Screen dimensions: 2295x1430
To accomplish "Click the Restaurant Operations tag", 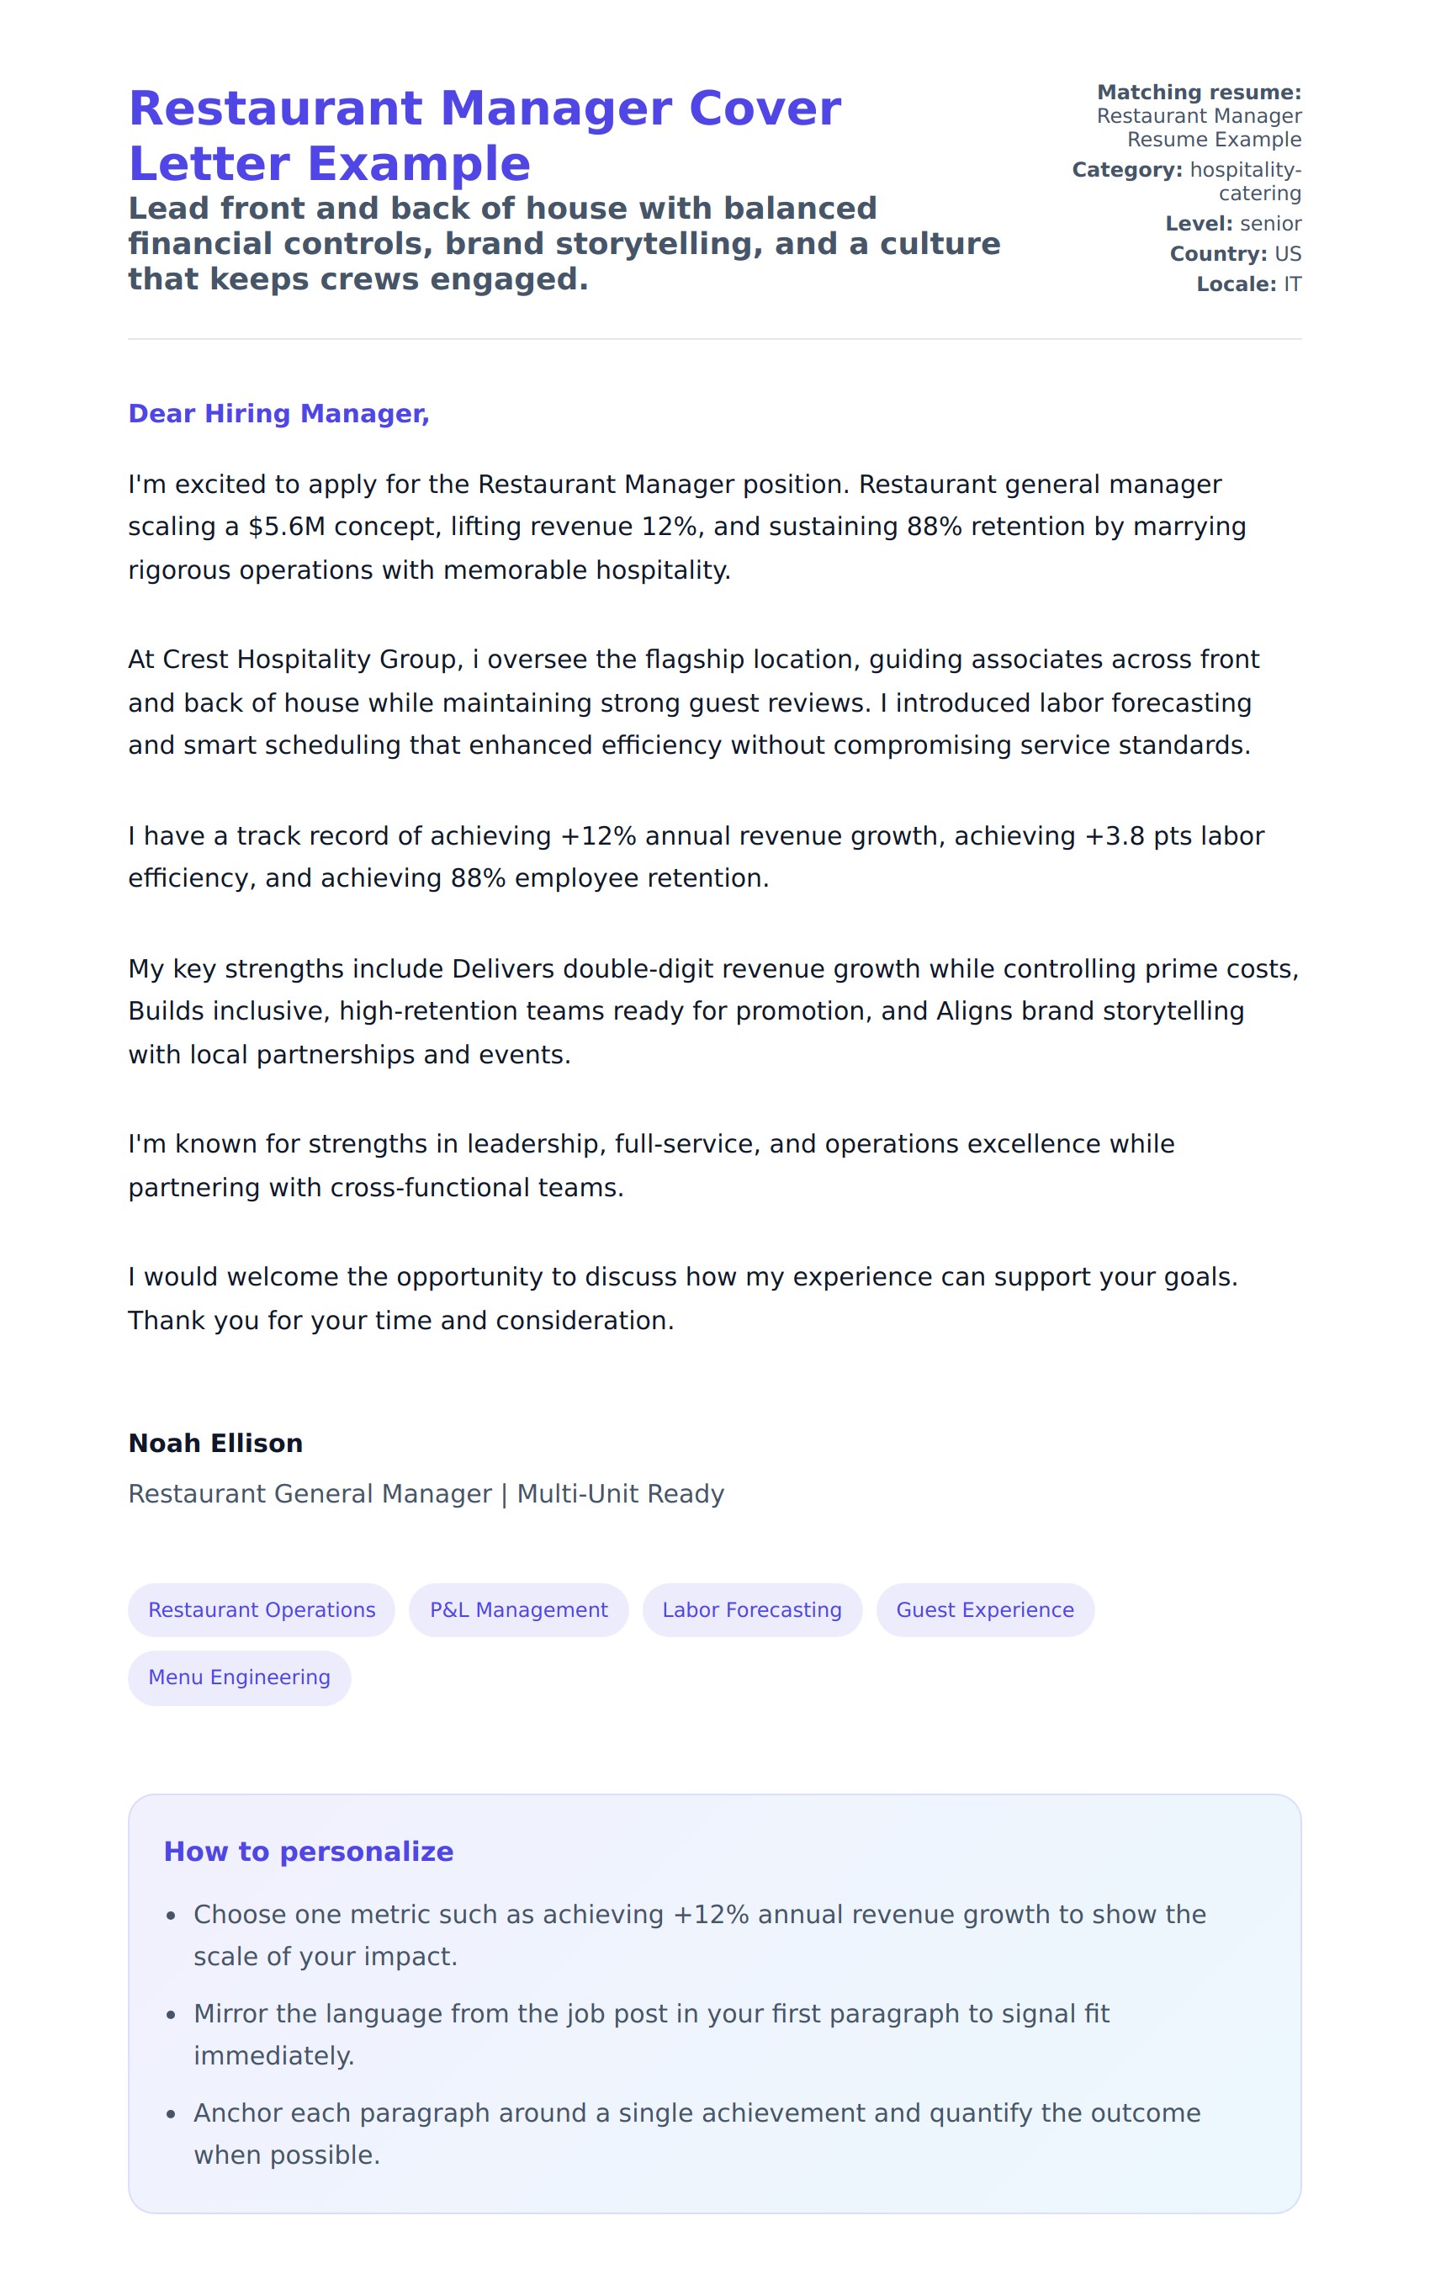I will (261, 1609).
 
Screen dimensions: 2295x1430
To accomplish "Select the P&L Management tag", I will (518, 1609).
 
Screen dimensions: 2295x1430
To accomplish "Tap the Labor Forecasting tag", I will (752, 1609).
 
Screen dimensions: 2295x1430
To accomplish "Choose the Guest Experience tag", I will (984, 1609).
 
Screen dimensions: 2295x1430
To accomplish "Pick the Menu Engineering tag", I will (239, 1677).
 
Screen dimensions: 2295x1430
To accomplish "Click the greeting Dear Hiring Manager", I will (278, 413).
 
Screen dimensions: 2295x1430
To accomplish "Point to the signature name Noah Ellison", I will (215, 1443).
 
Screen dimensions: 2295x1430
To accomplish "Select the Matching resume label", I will (1199, 93).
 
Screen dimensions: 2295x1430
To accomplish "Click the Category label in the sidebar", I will (1126, 170).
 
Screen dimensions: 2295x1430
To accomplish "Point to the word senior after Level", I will (1270, 224).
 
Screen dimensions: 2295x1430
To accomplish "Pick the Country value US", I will (1287, 254).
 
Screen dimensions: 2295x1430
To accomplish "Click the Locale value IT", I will (1292, 284).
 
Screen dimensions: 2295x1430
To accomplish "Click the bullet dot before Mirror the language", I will (172, 2015).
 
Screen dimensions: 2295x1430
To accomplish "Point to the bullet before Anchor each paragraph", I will (172, 2114).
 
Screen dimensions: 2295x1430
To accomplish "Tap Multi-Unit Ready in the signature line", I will (621, 1494).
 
